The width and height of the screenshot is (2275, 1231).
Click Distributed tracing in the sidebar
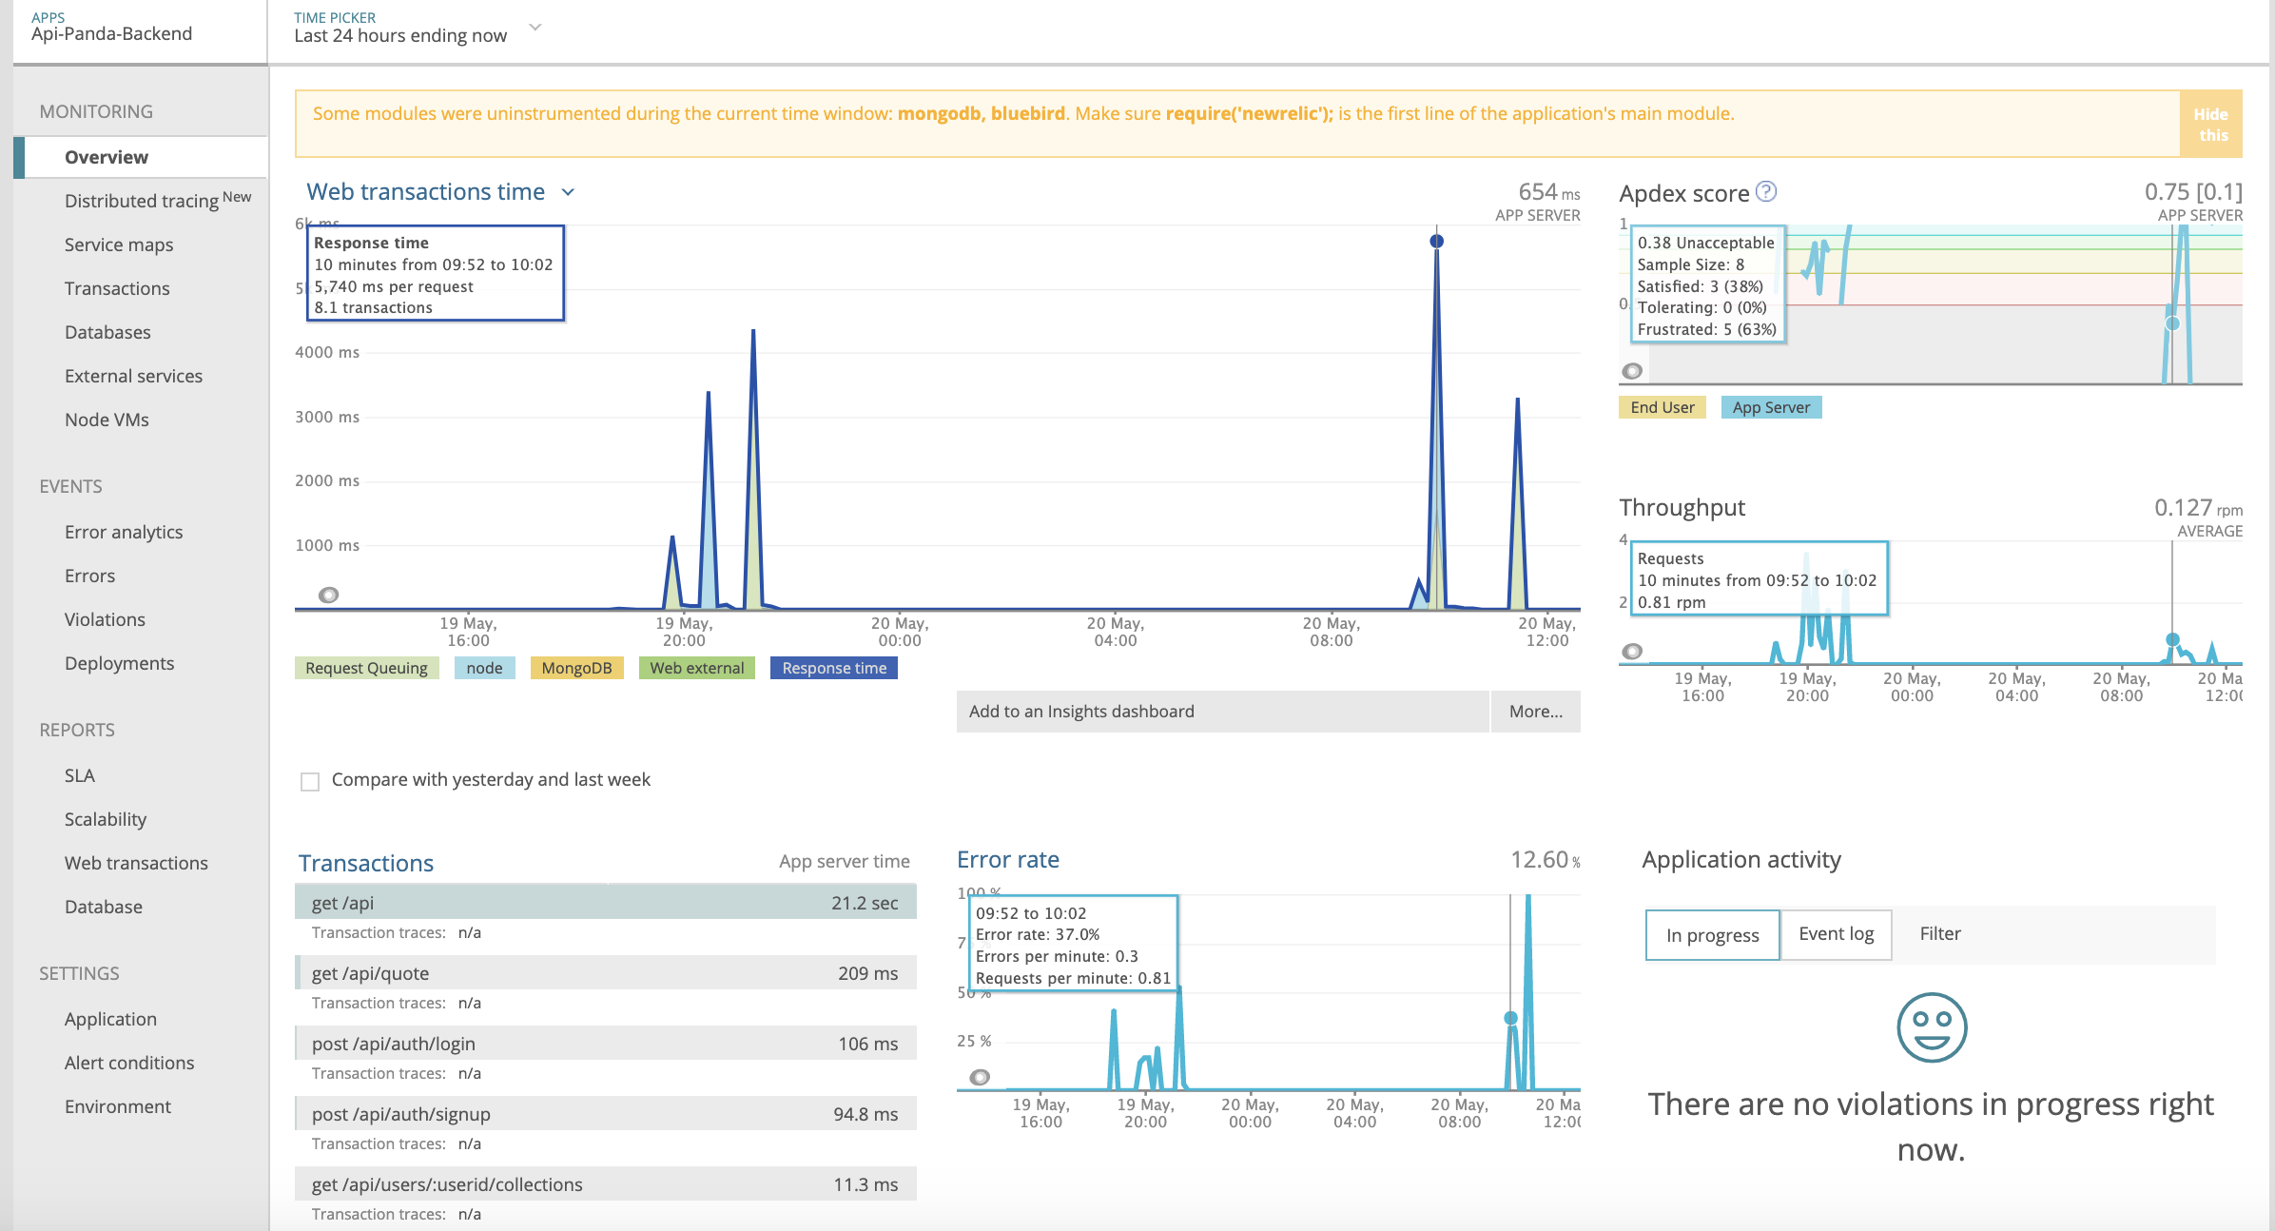[x=142, y=201]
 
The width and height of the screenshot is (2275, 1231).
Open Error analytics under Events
[x=124, y=532]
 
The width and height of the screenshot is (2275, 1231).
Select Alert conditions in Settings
[x=129, y=1063]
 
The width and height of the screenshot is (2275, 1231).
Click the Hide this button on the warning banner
[x=2210, y=125]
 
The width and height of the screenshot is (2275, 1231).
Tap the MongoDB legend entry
[x=576, y=668]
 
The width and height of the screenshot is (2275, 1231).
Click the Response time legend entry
[x=833, y=668]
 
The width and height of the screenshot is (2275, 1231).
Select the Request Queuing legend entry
[x=366, y=668]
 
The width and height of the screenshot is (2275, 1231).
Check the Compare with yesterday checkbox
[x=310, y=782]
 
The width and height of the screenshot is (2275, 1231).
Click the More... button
[x=1535, y=712]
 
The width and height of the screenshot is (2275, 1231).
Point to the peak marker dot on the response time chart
[x=1436, y=242]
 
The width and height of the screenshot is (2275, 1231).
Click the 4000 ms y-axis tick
[x=327, y=352]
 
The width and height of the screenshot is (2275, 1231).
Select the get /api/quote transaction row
[x=605, y=973]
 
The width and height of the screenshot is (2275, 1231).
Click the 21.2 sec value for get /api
[x=864, y=903]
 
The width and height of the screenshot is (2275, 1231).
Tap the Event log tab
[x=1836, y=934]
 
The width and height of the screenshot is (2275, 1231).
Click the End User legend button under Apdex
[x=1662, y=407]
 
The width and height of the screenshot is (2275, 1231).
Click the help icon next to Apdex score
[x=1766, y=191]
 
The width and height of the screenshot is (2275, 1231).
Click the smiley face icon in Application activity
[x=1931, y=1027]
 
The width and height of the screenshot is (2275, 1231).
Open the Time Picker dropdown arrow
[x=535, y=28]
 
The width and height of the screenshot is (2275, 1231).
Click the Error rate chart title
[x=1007, y=860]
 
